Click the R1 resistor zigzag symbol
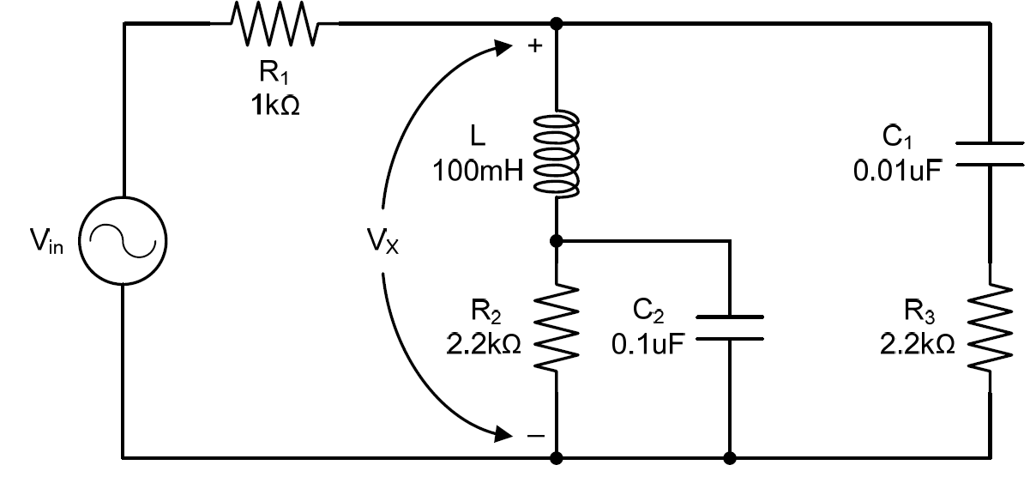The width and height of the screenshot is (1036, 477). pyautogui.click(x=275, y=23)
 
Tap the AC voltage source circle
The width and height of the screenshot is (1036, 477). pyautogui.click(x=123, y=241)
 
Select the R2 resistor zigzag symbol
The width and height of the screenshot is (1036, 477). pyautogui.click(x=557, y=329)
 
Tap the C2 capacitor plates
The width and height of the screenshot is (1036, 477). pyautogui.click(x=729, y=328)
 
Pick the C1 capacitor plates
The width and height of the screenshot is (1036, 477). pyautogui.click(x=990, y=154)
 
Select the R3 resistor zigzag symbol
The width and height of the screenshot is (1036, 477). pyautogui.click(x=990, y=327)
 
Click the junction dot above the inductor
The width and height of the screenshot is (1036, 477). pyautogui.click(x=557, y=23)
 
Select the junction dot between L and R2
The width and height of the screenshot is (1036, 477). pyautogui.click(x=557, y=241)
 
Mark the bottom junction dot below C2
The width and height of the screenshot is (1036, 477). pyautogui.click(x=730, y=457)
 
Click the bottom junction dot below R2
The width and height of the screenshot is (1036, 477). pyautogui.click(x=557, y=457)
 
